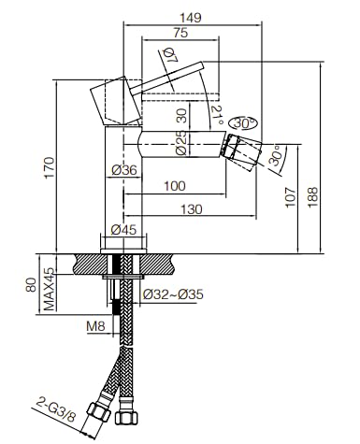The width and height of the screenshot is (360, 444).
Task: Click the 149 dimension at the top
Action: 191,18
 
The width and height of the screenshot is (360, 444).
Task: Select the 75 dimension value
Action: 180,33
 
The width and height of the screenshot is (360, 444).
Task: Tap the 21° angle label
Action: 217,115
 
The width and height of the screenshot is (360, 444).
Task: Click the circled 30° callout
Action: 243,123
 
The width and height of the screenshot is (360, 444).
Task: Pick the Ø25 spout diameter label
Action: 181,142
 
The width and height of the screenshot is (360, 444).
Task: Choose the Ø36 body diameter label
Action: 124,170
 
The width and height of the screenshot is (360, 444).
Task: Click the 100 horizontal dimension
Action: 175,186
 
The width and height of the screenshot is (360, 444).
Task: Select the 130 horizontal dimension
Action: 192,209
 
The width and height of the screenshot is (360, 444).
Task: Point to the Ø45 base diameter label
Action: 123,230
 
